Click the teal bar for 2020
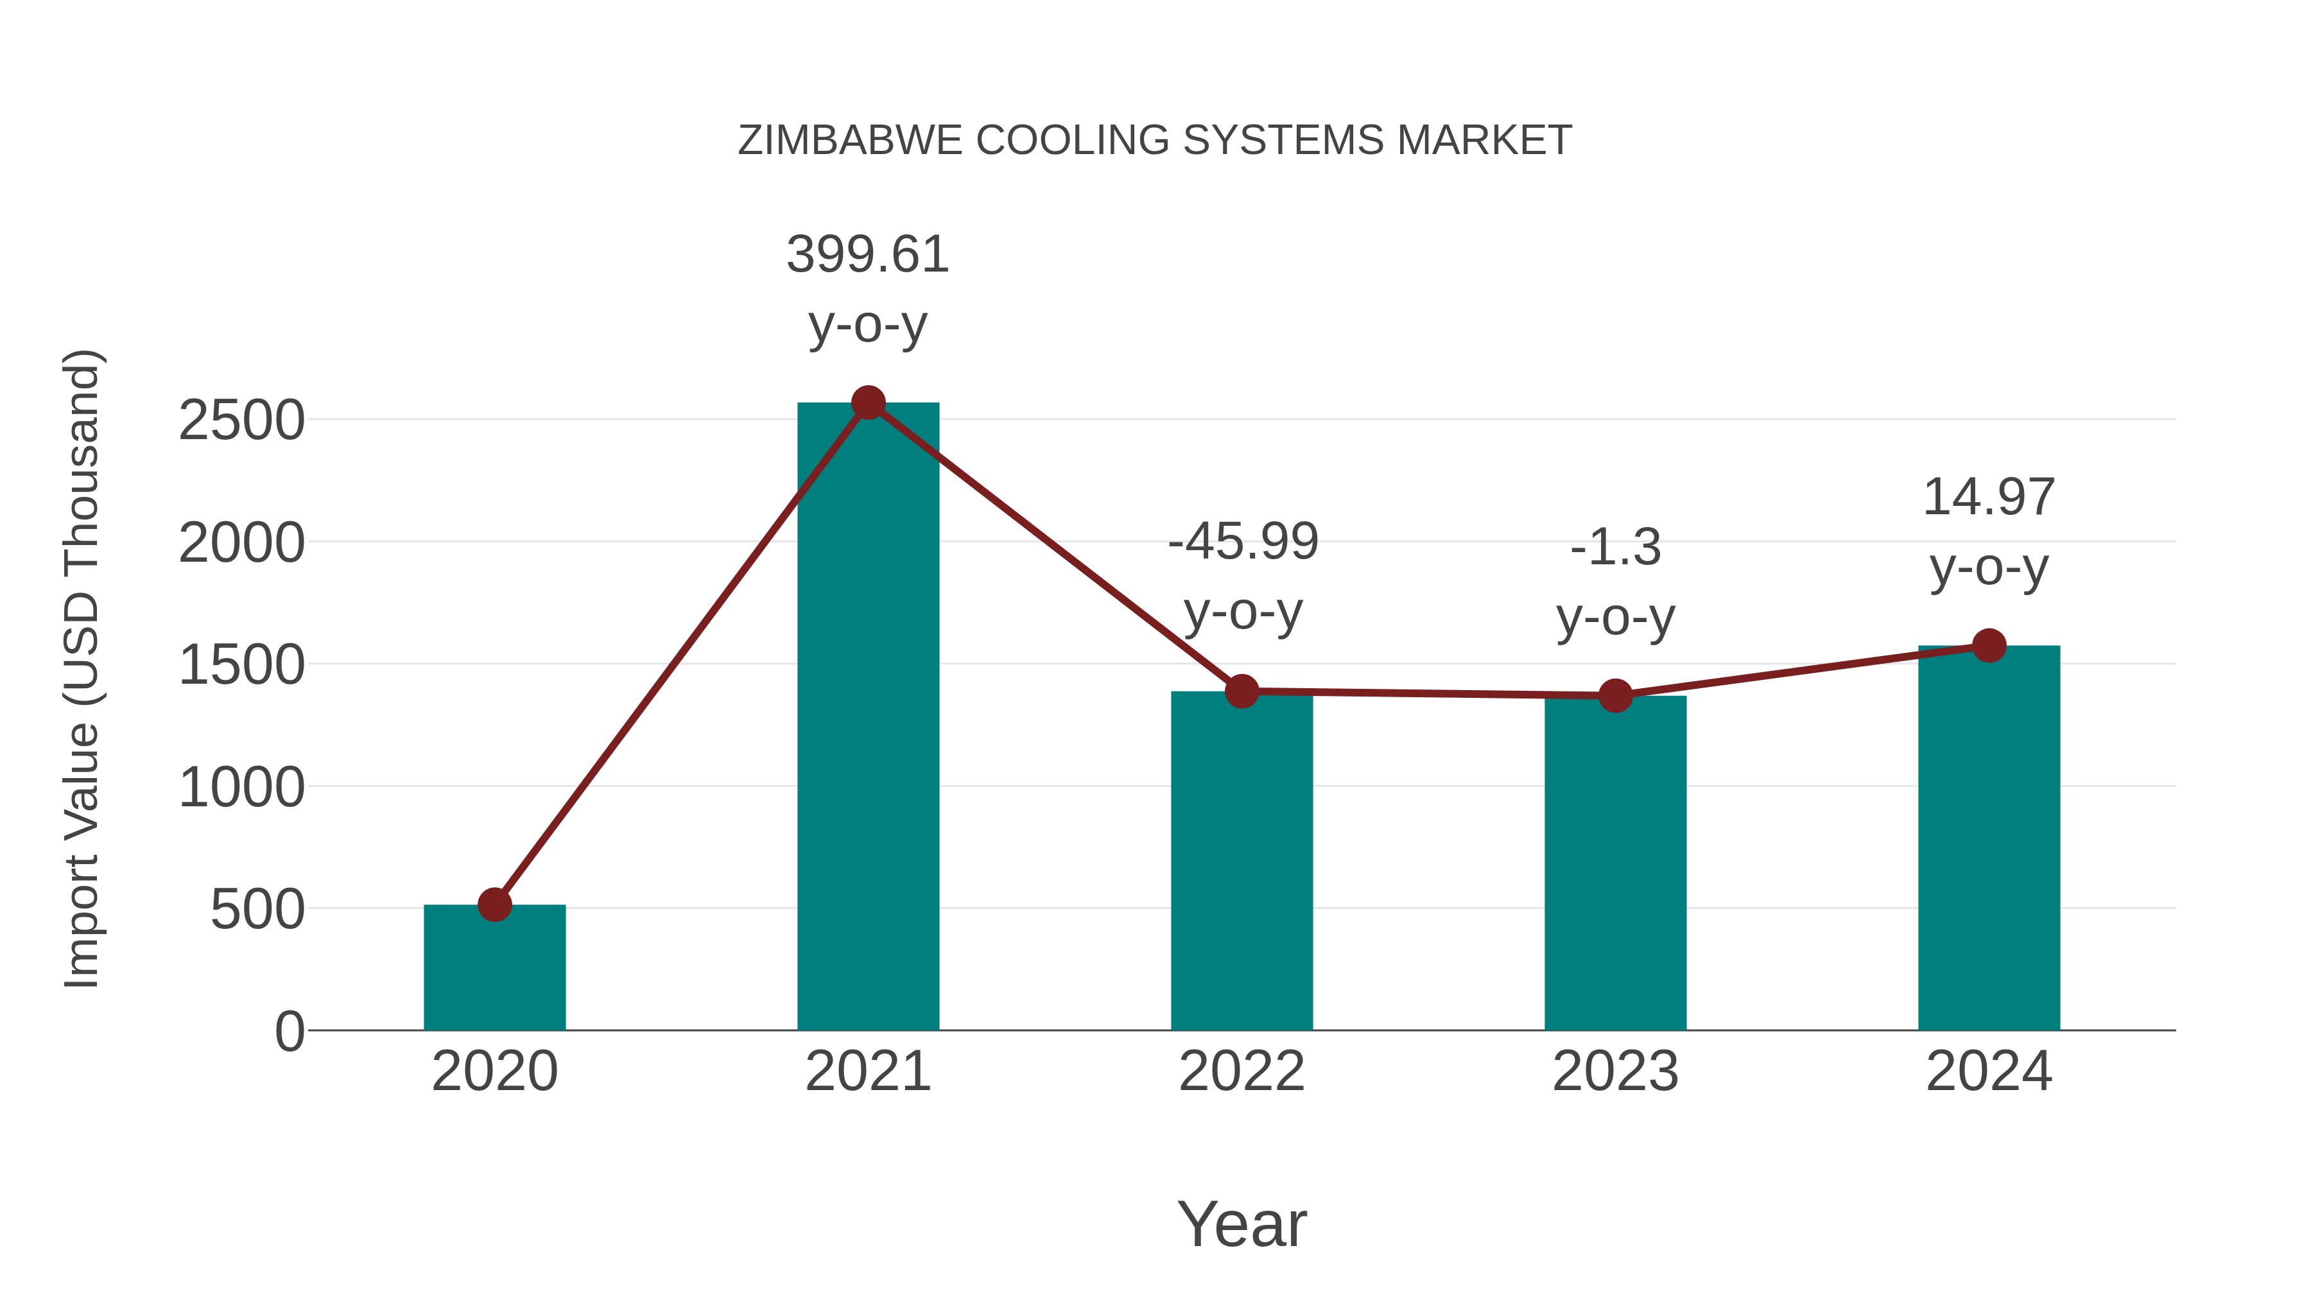click(494, 969)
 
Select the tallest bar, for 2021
click(867, 718)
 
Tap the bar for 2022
click(1242, 862)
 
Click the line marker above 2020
click(494, 905)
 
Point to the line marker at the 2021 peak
click(867, 403)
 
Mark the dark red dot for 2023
click(1615, 695)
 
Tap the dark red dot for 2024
click(1989, 645)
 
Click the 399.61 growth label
click(867, 255)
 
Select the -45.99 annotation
click(1243, 542)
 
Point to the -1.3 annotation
click(1615, 547)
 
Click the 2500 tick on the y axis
click(241, 420)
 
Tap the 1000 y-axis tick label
click(241, 788)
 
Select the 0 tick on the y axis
click(289, 1031)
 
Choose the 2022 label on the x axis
click(1242, 1071)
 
